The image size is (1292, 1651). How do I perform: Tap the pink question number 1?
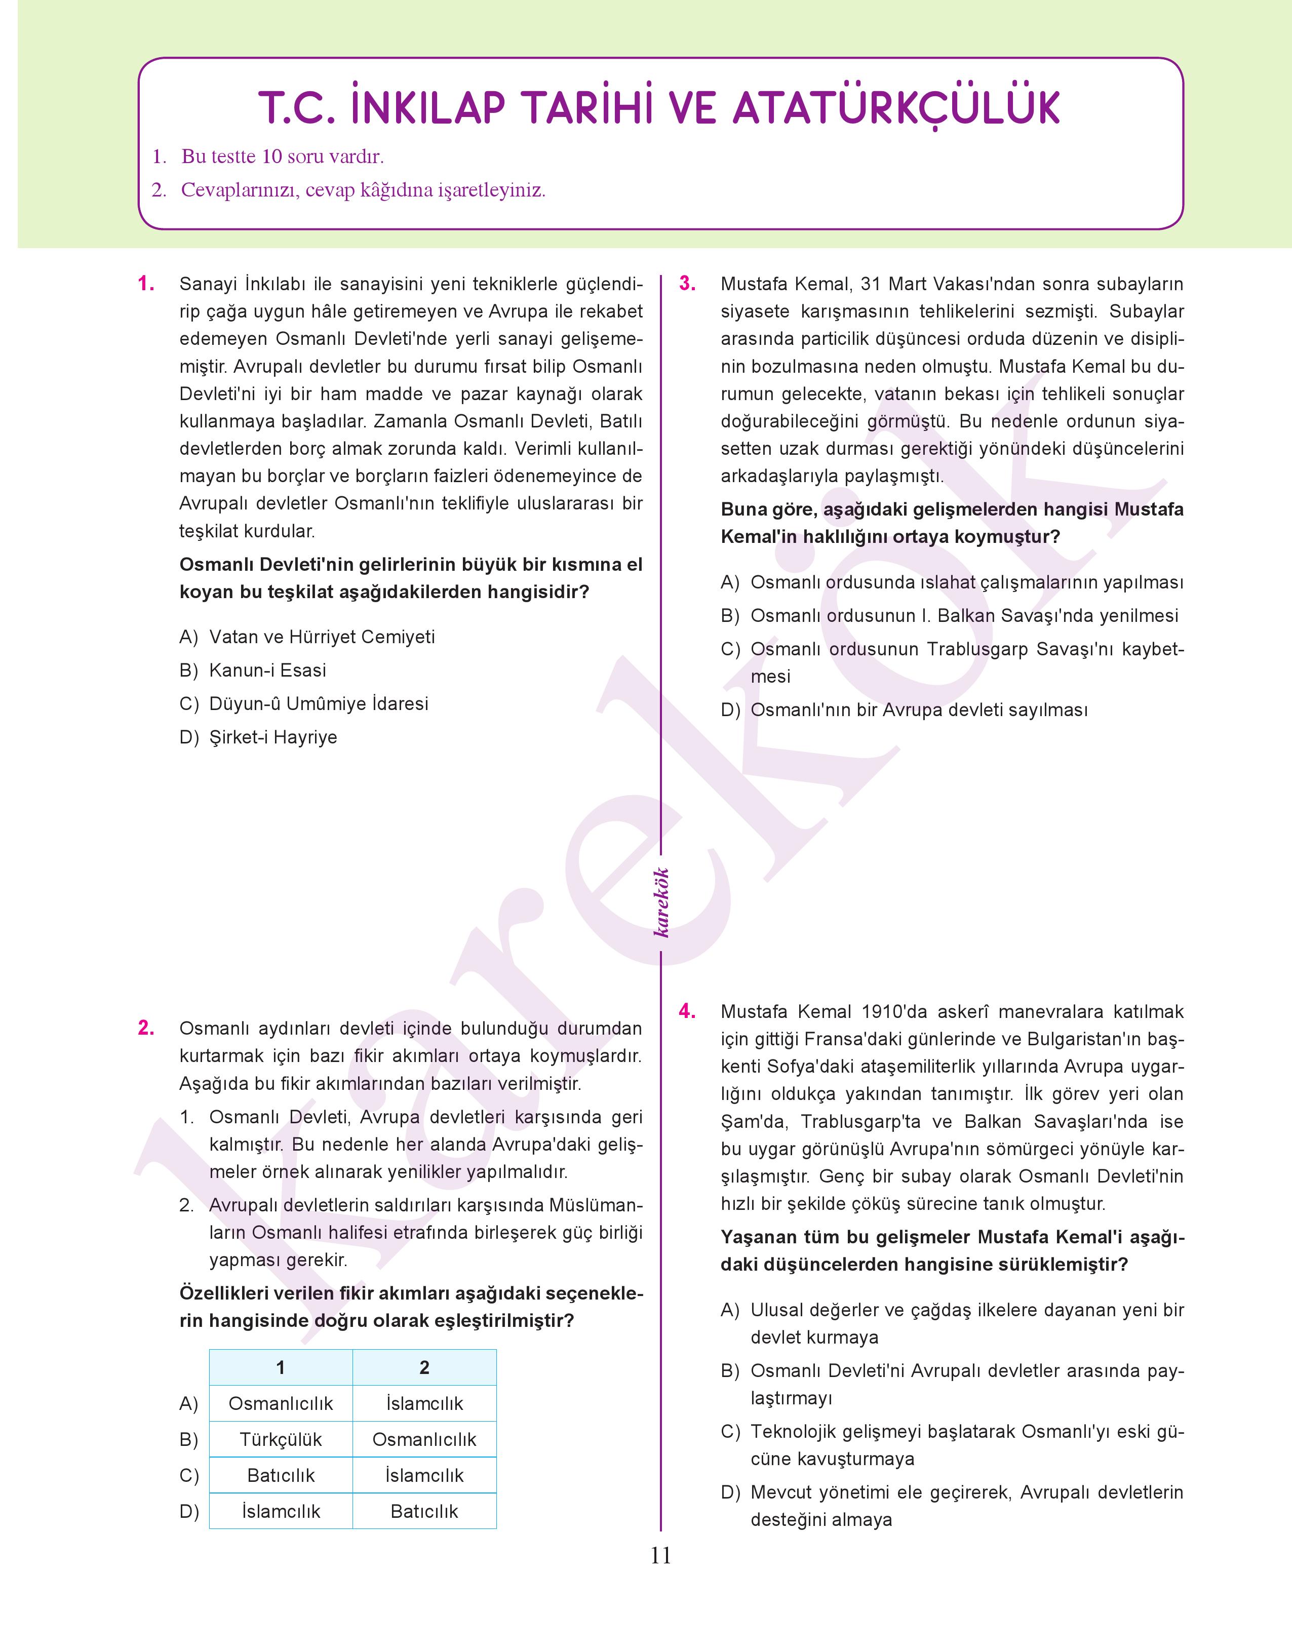click(x=146, y=285)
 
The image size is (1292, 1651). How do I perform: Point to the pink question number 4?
click(x=687, y=1011)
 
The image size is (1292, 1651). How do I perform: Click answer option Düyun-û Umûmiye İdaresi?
click(x=319, y=704)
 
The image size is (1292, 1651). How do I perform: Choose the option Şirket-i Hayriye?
click(x=273, y=737)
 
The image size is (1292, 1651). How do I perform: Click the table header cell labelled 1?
click(x=281, y=1367)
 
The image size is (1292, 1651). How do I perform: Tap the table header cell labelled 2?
click(x=424, y=1367)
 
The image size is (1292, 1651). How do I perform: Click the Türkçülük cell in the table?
click(x=281, y=1439)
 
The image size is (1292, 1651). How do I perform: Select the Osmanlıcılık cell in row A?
click(x=281, y=1404)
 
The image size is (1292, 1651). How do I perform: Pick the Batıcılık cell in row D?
click(x=424, y=1511)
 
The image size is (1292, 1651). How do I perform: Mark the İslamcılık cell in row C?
click(x=424, y=1476)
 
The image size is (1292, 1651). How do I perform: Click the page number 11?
click(x=660, y=1556)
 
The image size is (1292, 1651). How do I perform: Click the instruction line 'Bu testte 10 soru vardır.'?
click(x=282, y=156)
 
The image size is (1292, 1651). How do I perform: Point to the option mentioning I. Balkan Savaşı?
click(x=964, y=616)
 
